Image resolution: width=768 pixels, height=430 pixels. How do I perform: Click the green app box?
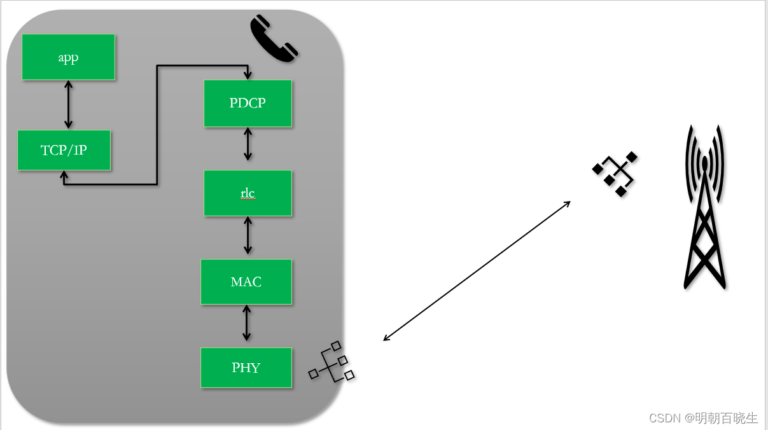tap(68, 57)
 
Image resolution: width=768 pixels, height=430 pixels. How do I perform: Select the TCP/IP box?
tap(64, 150)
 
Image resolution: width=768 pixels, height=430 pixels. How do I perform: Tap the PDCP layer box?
tap(248, 103)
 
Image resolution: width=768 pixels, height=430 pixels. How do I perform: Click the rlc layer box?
tap(248, 193)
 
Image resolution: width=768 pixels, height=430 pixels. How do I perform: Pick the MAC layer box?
tap(246, 281)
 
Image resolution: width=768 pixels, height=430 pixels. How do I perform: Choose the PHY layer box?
tap(246, 367)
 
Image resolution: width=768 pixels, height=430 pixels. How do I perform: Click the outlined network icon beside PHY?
tap(331, 363)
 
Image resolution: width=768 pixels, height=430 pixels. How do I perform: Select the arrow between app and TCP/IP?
tap(68, 105)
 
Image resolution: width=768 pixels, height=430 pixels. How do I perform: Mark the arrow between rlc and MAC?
tap(248, 237)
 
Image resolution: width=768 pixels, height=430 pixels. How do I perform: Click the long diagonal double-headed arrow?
tap(477, 271)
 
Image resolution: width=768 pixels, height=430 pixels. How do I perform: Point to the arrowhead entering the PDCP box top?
tap(248, 75)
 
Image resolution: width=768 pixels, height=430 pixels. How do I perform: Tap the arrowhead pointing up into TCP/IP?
tap(64, 175)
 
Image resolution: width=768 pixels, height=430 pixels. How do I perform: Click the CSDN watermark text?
tap(703, 418)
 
